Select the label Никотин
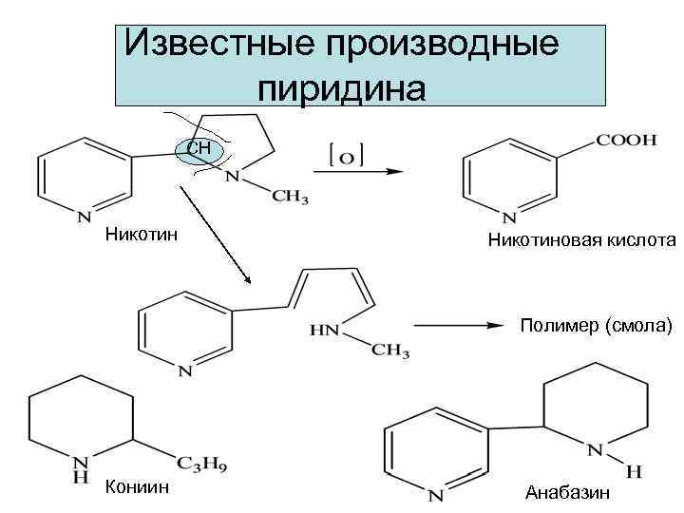[134, 233]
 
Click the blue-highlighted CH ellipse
[200, 148]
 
